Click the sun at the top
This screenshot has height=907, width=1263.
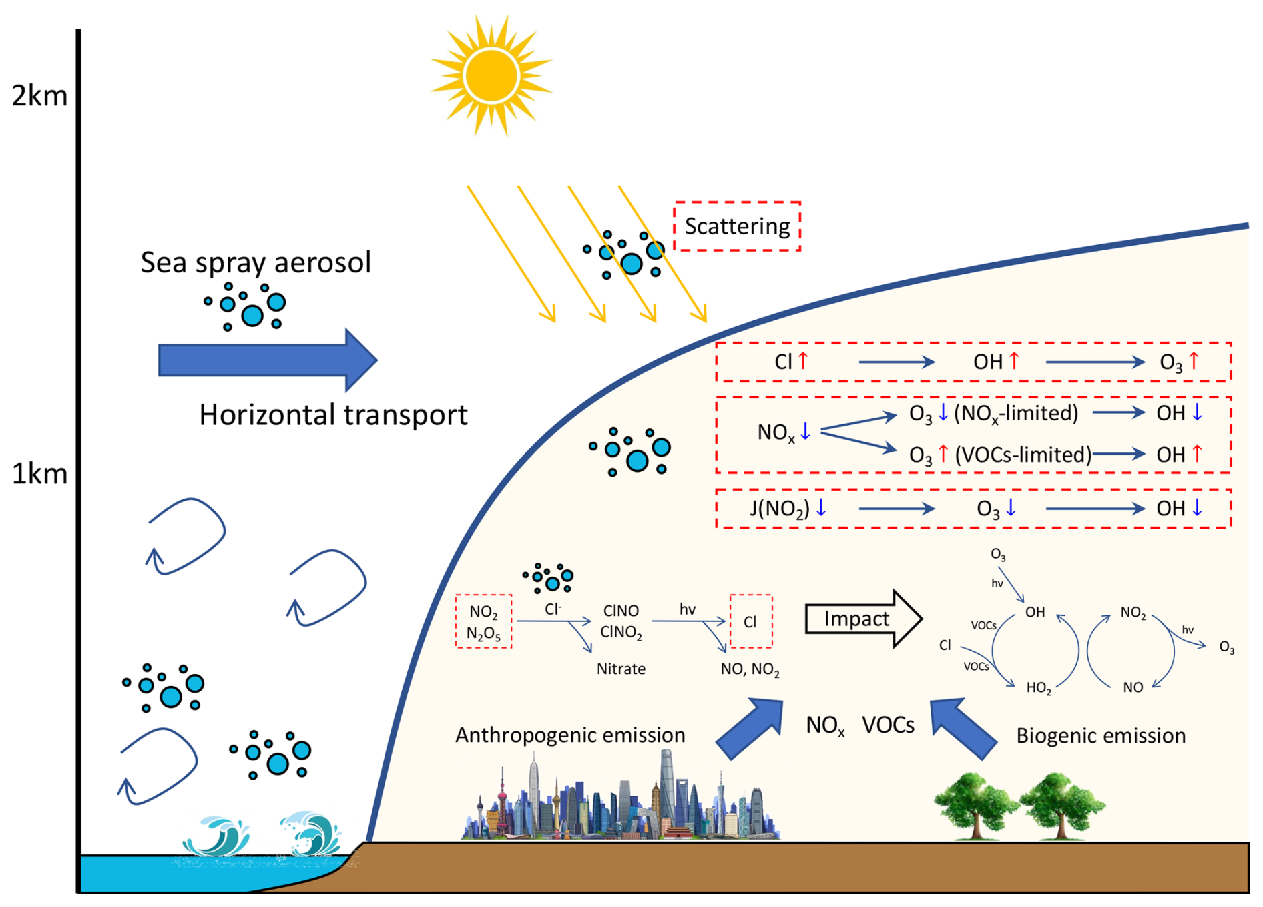tap(491, 75)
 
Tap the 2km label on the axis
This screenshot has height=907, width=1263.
tap(40, 96)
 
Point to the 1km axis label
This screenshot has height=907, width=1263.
tap(40, 474)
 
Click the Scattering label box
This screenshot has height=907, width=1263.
tap(737, 226)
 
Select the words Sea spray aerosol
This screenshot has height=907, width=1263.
tap(255, 262)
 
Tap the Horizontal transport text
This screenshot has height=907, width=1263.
tap(333, 415)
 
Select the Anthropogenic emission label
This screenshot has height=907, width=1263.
tap(570, 735)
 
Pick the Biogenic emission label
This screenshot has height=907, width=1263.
tap(1101, 735)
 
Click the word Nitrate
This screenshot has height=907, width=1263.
tap(621, 669)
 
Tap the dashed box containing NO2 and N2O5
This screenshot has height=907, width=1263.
tap(483, 621)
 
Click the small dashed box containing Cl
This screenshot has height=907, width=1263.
tap(751, 621)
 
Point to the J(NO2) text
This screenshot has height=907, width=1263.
tap(779, 509)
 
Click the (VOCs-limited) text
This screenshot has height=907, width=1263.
tap(1023, 455)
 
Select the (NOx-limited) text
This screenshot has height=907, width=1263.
tap(1016, 413)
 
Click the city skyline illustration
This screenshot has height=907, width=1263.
tap(621, 801)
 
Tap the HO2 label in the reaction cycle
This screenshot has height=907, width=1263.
tap(1039, 688)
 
